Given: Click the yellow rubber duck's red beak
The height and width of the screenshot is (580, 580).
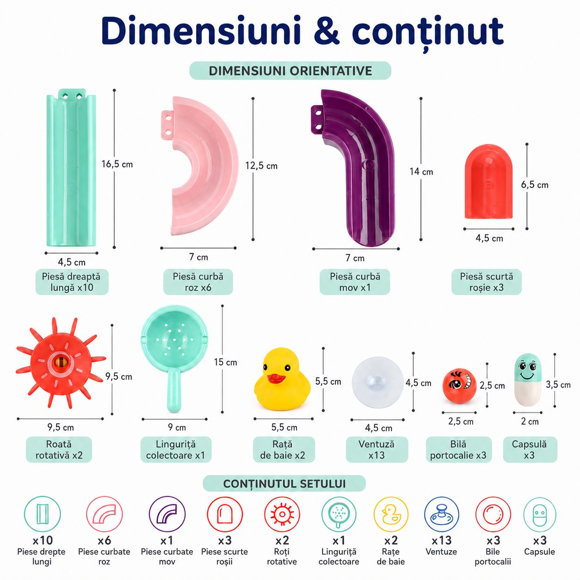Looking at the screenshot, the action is (x=276, y=379).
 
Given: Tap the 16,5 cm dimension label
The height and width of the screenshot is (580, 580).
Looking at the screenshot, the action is (x=117, y=164).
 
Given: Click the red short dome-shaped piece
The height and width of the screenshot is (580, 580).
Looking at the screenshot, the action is (x=488, y=185).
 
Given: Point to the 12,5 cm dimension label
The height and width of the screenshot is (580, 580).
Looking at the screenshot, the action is (x=261, y=166).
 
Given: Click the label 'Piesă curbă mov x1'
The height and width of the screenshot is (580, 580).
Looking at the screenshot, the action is (x=355, y=282).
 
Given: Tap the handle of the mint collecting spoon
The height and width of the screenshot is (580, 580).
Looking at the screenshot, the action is (x=174, y=391).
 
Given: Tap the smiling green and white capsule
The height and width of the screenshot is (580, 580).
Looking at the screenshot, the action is (x=527, y=380).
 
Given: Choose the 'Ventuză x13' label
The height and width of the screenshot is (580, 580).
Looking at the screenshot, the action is (x=377, y=450).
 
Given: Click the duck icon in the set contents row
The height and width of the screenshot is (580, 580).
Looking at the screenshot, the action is (x=391, y=514).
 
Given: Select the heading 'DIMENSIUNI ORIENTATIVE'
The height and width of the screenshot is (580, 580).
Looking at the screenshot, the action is (x=290, y=71).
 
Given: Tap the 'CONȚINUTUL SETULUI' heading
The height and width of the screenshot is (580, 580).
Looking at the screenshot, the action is (x=284, y=484).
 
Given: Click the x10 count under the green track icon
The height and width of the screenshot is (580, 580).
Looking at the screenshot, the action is (x=43, y=541).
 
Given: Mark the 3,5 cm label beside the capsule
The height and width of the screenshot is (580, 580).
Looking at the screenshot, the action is (x=558, y=385).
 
